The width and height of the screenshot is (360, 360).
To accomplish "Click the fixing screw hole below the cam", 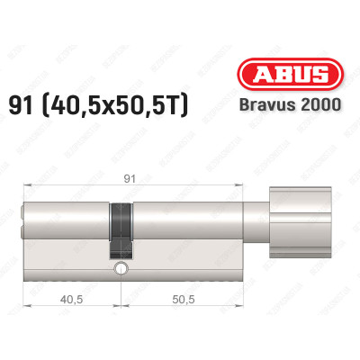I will (120, 269).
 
